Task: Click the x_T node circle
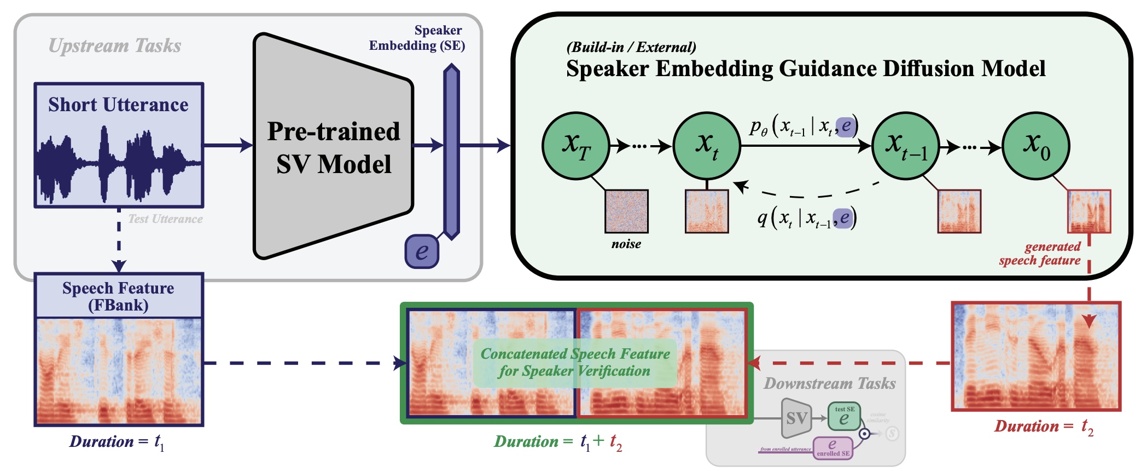pos(575,146)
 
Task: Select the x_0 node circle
pos(1035,146)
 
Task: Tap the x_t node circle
pos(707,146)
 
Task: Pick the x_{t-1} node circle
pos(905,146)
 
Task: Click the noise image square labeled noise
pos(626,211)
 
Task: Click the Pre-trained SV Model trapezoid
pos(333,147)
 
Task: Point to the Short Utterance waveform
pos(119,162)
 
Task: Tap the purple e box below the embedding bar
pos(421,251)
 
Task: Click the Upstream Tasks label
pos(115,45)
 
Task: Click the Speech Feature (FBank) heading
pos(119,296)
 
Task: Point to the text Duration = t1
pos(117,442)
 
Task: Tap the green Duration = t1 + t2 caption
pos(558,442)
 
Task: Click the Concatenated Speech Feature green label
pos(575,363)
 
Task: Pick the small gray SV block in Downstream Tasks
pos(796,418)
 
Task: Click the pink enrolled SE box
pos(833,447)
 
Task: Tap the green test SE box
pos(844,417)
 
